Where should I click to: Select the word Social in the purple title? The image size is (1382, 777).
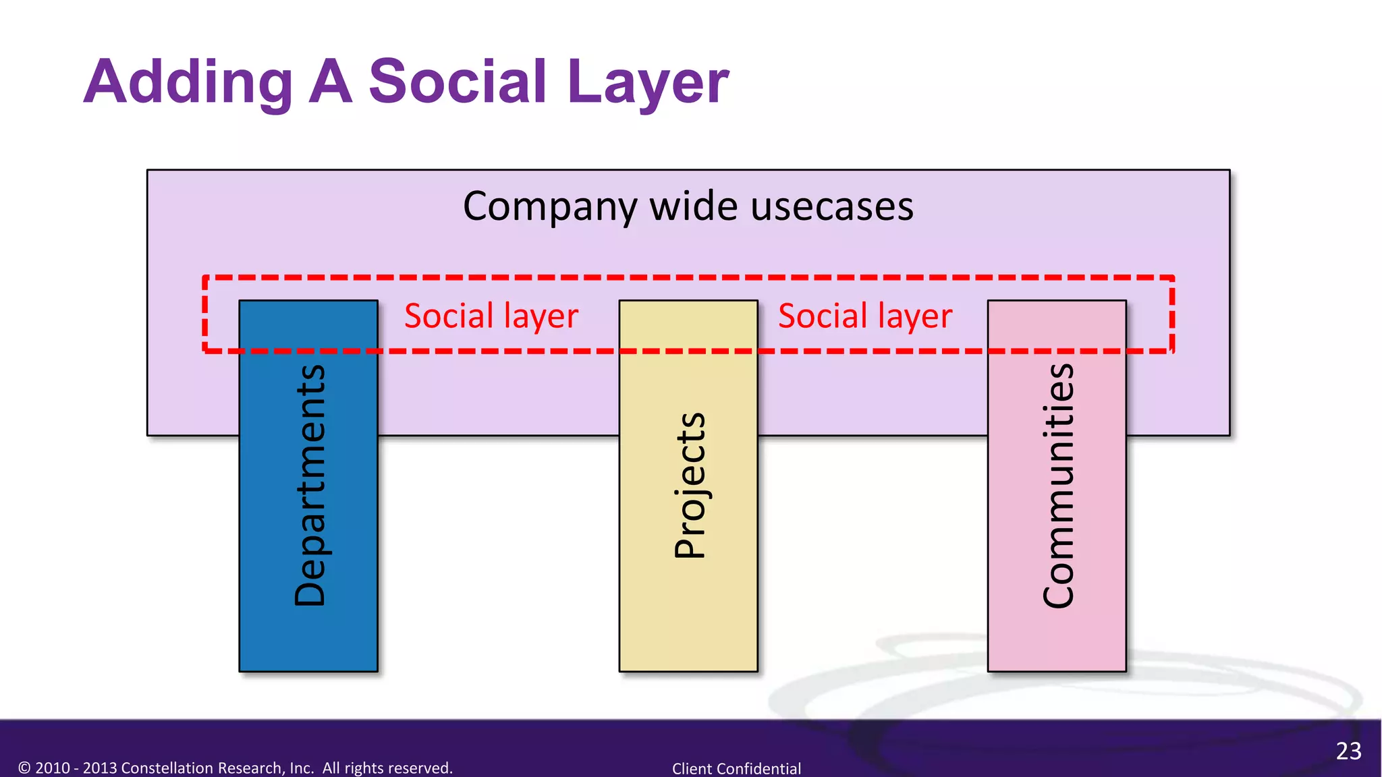pyautogui.click(x=458, y=82)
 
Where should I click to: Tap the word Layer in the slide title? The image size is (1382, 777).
pyautogui.click(x=648, y=82)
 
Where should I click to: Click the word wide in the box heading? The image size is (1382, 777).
pyautogui.click(x=693, y=206)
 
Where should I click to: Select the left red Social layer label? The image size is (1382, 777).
pyautogui.click(x=491, y=316)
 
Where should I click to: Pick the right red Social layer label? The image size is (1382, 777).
pyautogui.click(x=865, y=316)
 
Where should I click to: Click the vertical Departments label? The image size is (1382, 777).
pyautogui.click(x=310, y=485)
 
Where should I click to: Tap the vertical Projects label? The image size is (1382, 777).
pyautogui.click(x=690, y=485)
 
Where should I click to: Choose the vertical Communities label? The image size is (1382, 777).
pyautogui.click(x=1057, y=485)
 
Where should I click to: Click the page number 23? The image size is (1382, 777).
pyautogui.click(x=1348, y=751)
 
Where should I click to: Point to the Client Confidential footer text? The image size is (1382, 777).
pyautogui.click(x=736, y=768)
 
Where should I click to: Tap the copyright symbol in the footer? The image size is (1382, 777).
pyautogui.click(x=24, y=768)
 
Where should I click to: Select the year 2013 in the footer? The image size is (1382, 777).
pyautogui.click(x=100, y=768)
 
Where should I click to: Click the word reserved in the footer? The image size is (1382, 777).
pyautogui.click(x=424, y=768)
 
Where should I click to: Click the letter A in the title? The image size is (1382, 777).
pyautogui.click(x=331, y=82)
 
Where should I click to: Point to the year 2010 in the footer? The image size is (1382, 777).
pyautogui.click(x=53, y=768)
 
